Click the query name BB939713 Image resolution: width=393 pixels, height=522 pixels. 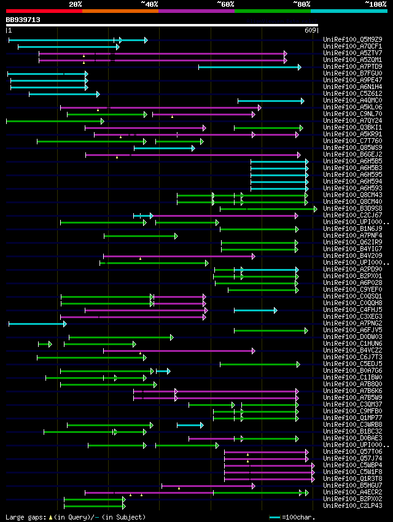[23, 20]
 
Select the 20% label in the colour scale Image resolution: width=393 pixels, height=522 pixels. [76, 4]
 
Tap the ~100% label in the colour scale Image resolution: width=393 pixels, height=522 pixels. [375, 4]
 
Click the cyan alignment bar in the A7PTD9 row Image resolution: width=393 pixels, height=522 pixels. [249, 67]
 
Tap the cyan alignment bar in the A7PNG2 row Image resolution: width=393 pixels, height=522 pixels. [37, 324]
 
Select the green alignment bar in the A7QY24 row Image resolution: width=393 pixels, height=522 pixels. [54, 121]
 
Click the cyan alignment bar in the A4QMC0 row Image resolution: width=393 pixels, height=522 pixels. [270, 101]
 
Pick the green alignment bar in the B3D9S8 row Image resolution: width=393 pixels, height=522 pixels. [268, 209]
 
